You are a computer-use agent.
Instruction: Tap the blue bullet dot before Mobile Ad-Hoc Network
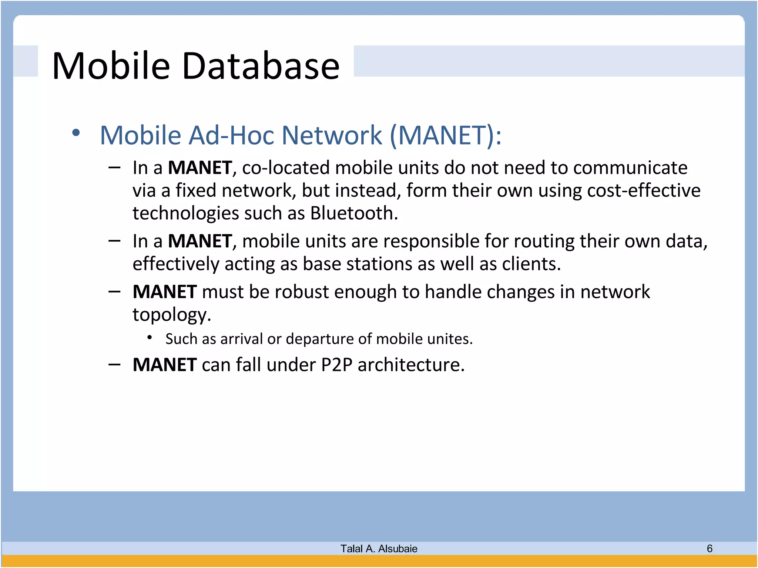[76, 133]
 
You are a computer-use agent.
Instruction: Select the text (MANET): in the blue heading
[446, 135]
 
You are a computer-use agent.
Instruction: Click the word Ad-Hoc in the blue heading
[230, 135]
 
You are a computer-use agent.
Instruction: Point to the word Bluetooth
[353, 213]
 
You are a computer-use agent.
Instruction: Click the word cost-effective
[644, 191]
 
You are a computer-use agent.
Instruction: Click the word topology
[171, 315]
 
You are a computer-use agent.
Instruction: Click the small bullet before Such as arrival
[150, 337]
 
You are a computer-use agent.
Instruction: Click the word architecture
[410, 365]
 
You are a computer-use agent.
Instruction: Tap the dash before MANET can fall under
[115, 365]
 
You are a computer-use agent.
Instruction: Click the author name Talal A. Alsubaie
[379, 548]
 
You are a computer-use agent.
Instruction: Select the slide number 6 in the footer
[709, 548]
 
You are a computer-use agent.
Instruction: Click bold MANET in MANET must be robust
[164, 292]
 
